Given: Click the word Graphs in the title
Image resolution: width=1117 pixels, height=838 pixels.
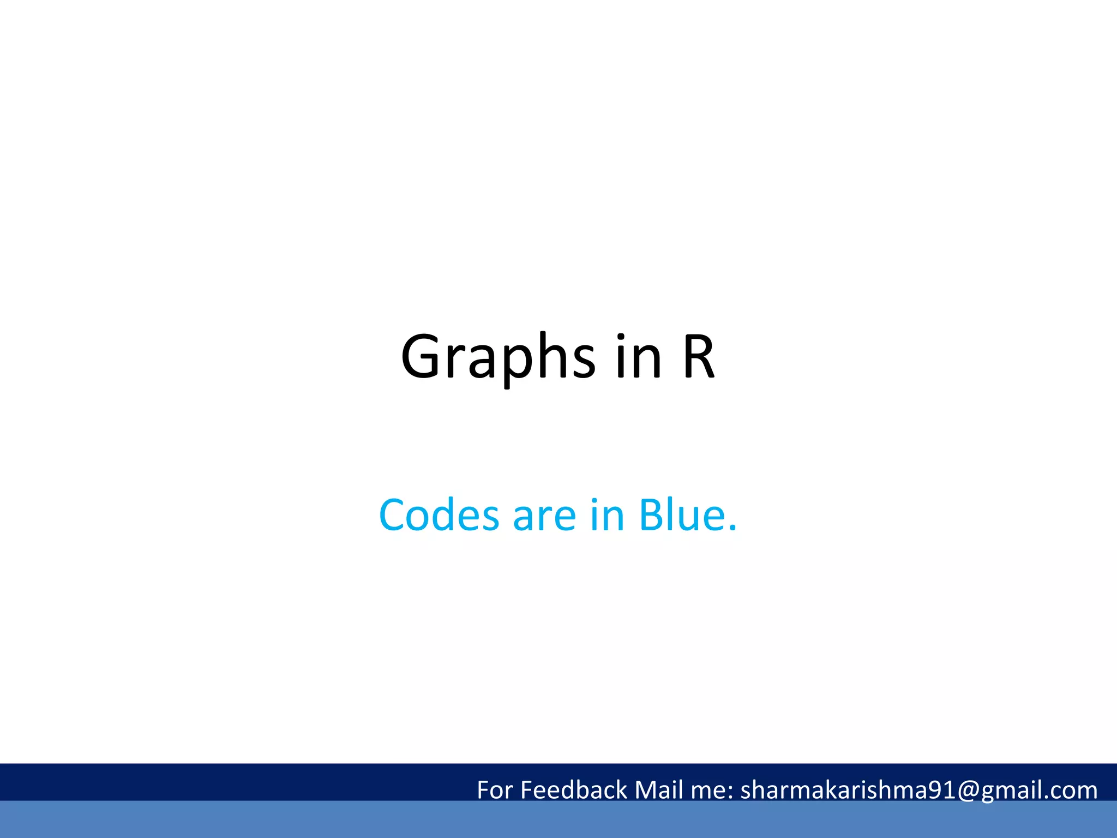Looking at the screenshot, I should coord(498,357).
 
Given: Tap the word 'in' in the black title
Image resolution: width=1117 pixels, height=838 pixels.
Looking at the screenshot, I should coord(638,357).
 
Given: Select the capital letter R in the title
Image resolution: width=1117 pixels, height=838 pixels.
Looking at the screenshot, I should coord(698,357).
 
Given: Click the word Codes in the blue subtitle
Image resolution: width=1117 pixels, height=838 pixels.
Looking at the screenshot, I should coord(439,515).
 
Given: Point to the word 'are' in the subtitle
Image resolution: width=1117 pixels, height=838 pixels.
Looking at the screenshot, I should coord(544,516).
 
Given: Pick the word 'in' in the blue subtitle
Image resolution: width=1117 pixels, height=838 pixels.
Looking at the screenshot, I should coord(607,515).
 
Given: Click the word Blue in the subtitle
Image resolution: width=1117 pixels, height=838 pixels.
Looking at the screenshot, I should coord(682,515).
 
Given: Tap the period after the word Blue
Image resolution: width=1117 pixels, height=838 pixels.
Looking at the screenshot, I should coord(732,528).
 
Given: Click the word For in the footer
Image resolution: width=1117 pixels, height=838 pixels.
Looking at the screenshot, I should coord(495,790).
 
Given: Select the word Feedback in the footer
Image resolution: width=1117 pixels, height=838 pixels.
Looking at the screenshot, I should coord(574,790).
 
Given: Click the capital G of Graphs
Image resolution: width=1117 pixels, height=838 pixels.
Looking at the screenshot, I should coord(421,357).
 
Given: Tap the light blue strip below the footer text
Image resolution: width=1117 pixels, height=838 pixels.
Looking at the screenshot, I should coord(558,819).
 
